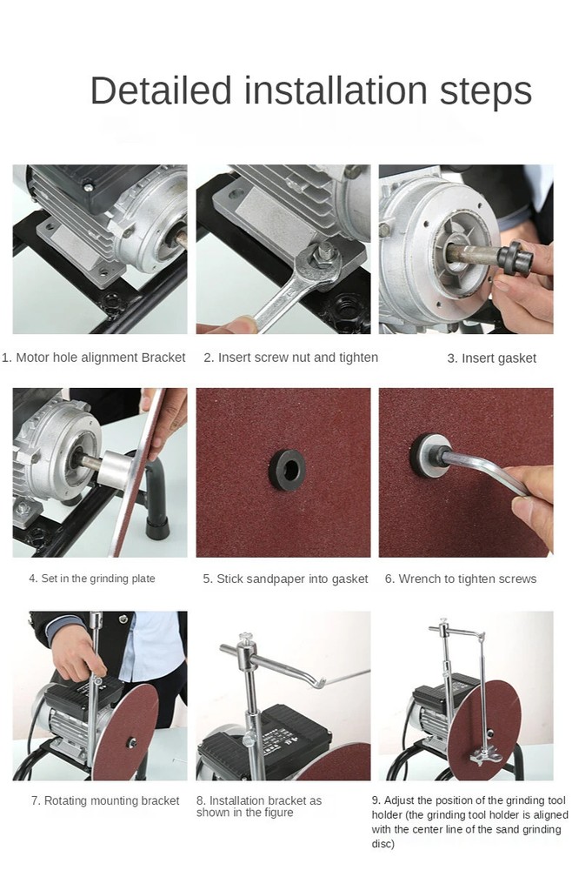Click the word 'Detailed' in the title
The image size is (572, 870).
click(x=161, y=91)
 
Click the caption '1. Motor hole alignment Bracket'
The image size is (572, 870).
click(x=94, y=358)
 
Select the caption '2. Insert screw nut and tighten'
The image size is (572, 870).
click(x=290, y=358)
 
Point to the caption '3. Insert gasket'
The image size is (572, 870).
click(x=491, y=358)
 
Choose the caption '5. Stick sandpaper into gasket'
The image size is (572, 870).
click(x=285, y=579)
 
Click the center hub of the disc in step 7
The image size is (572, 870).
click(x=132, y=742)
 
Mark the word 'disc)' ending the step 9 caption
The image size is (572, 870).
click(x=385, y=845)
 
